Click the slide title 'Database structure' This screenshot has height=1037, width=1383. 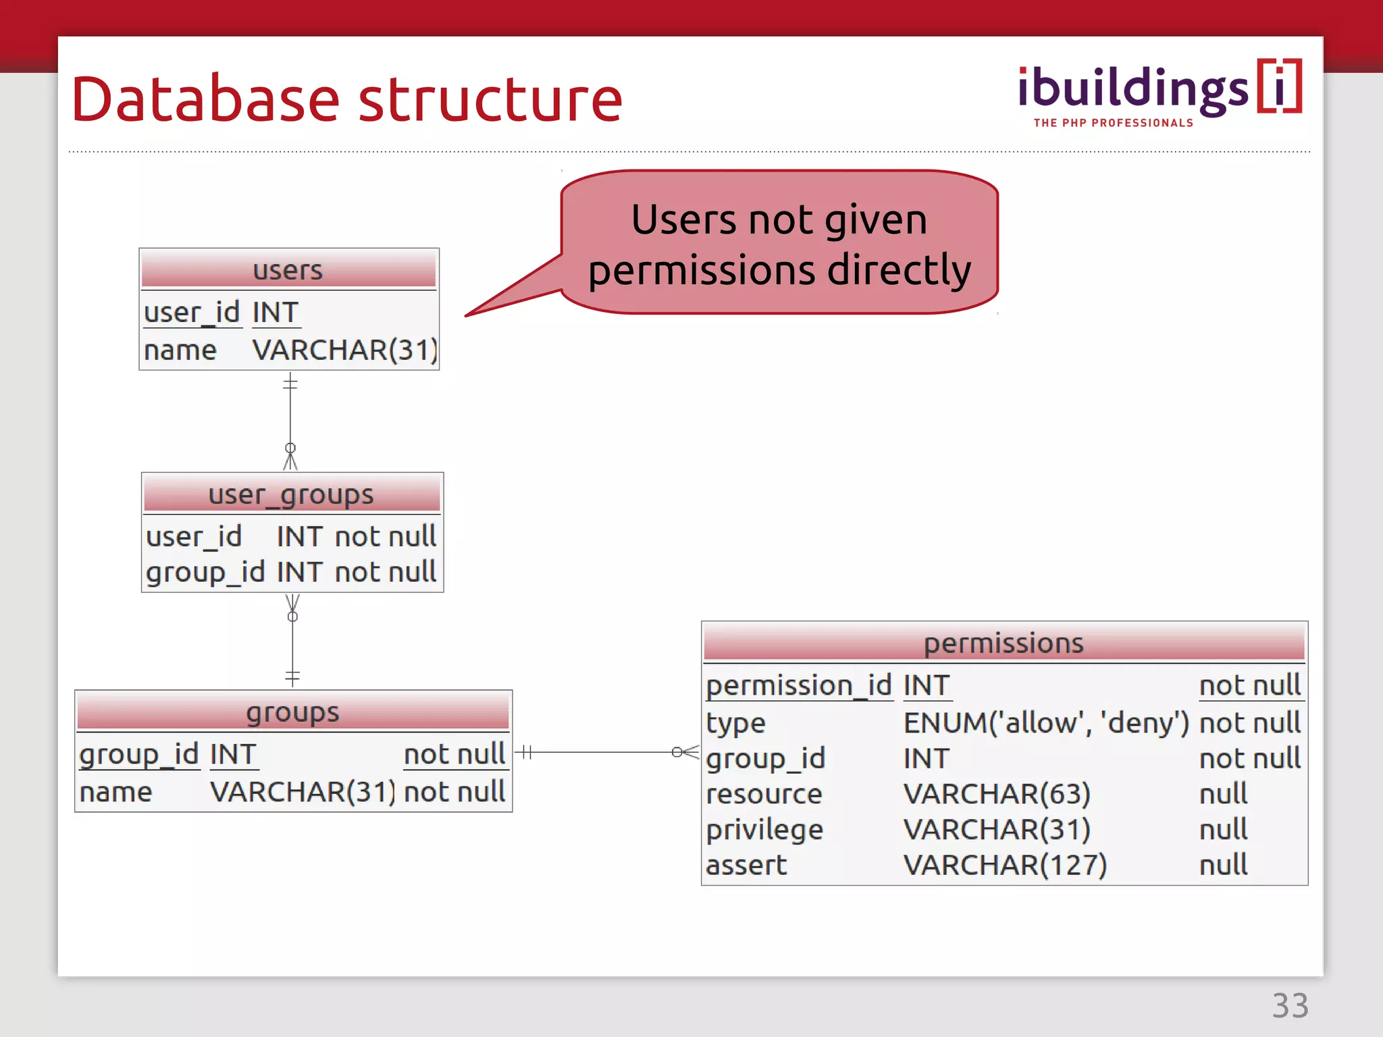click(346, 100)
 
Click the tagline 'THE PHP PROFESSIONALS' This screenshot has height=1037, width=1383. click(1113, 123)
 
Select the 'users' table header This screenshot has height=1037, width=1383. click(288, 270)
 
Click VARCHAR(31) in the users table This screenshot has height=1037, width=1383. click(345, 350)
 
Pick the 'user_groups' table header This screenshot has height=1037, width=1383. click(291, 494)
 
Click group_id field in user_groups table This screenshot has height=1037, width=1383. click(205, 573)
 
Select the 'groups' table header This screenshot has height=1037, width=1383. click(293, 712)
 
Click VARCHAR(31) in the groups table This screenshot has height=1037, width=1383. click(303, 792)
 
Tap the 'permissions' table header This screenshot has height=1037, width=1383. click(1003, 643)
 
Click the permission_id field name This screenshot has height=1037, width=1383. click(799, 686)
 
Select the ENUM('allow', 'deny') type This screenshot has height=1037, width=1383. click(1046, 723)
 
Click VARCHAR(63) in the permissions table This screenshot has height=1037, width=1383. click(997, 794)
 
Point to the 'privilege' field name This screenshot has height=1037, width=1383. click(764, 830)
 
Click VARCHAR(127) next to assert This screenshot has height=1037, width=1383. click(1005, 866)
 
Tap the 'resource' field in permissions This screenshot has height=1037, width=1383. click(764, 794)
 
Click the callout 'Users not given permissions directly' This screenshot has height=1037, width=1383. click(779, 244)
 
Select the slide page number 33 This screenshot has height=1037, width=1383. click(1290, 1006)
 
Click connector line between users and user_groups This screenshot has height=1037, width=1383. click(290, 416)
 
